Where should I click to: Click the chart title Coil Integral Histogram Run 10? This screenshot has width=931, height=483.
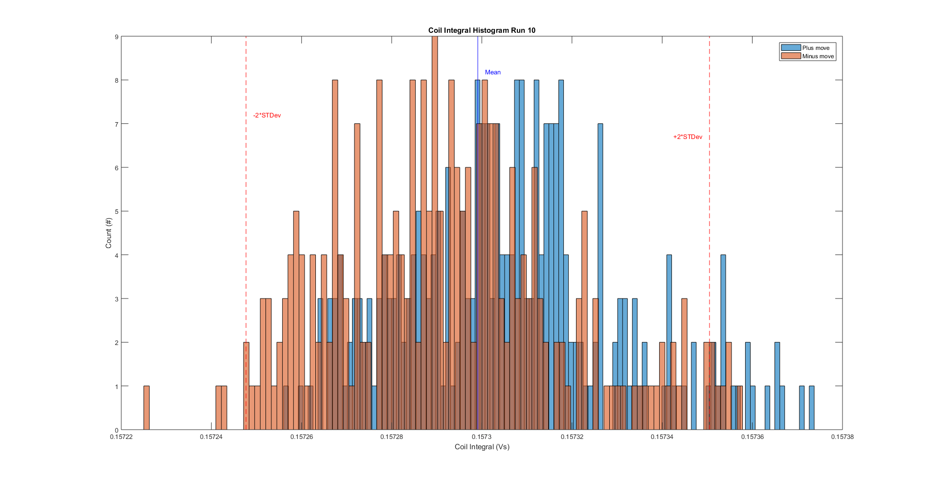(482, 30)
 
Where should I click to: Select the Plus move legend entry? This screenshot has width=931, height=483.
(816, 48)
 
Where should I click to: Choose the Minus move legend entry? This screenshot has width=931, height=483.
(818, 56)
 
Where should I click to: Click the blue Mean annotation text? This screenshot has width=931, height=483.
(492, 72)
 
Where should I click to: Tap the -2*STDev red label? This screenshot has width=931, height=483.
(267, 115)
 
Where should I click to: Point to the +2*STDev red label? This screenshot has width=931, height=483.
(687, 137)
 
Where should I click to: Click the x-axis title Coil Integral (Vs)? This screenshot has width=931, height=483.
(482, 447)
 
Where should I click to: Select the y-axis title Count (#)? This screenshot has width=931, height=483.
(109, 233)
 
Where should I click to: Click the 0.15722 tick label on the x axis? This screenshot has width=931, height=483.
(121, 437)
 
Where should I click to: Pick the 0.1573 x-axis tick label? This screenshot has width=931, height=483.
(482, 437)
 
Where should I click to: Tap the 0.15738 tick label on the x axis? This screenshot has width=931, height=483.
(842, 437)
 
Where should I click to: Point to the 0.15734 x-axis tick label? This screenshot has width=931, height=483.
(662, 437)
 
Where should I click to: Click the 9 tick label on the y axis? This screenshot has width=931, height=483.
(116, 37)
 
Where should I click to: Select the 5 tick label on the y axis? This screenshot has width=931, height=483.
(116, 211)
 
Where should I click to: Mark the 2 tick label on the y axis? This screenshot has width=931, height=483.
(116, 343)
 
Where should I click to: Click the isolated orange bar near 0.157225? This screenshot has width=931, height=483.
(146, 408)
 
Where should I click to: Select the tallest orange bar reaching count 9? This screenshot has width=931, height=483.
(435, 147)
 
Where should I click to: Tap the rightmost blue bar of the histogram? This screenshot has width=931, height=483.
(811, 408)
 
